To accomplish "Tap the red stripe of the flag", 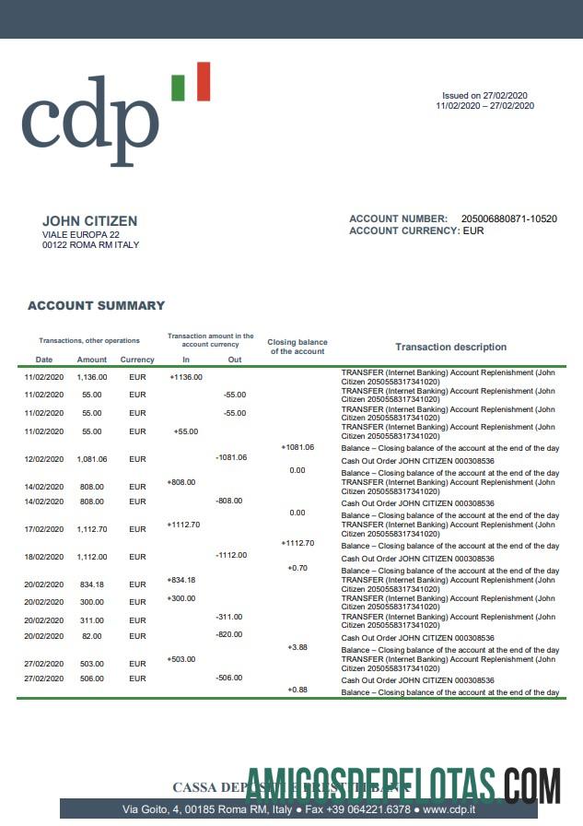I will (x=203, y=81).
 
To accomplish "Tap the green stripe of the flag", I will (x=178, y=87).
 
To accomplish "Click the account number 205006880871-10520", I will (x=509, y=218).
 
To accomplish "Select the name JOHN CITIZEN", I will (x=89, y=221).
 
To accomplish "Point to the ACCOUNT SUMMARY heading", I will (x=96, y=305).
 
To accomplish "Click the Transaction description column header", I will (x=450, y=348).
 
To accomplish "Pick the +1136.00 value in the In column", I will (x=186, y=376).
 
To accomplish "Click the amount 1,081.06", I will (x=92, y=458).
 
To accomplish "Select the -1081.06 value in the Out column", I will (x=230, y=457).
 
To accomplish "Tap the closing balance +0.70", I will (x=297, y=568).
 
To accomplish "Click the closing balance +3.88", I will (x=297, y=647).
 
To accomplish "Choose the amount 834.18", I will (x=92, y=584).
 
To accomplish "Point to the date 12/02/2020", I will (x=44, y=458).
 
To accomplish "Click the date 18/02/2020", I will (x=44, y=557).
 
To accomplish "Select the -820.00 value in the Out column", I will (x=228, y=634).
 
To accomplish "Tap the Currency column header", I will (x=137, y=360).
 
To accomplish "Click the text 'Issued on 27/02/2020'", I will (x=484, y=96).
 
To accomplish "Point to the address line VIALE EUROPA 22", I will (x=81, y=235).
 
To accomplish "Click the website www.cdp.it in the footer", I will (x=449, y=809).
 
